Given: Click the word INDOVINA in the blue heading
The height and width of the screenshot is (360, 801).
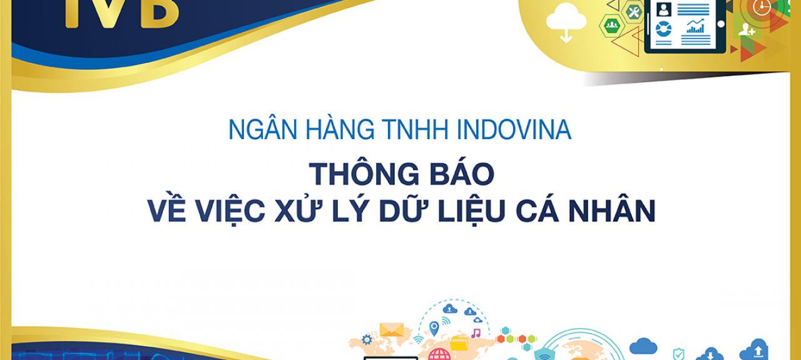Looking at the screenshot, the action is (x=514, y=129).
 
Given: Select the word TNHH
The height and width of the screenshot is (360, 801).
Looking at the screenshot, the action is (x=415, y=129).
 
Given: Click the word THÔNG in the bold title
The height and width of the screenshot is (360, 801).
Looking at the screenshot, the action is (x=364, y=173).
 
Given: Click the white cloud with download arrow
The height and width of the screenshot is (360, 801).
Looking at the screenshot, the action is (x=566, y=22).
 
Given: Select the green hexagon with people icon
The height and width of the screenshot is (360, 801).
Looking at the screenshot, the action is (x=612, y=26).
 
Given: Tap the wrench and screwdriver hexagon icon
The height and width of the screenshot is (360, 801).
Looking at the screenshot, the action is (x=634, y=12).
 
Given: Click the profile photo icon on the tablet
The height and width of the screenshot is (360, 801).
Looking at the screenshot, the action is (x=664, y=9).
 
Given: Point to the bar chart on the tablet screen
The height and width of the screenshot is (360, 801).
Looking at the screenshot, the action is (x=695, y=26).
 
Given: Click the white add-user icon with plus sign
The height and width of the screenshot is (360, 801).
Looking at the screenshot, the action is (x=747, y=29).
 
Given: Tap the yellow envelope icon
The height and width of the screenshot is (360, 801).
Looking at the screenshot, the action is (x=392, y=329).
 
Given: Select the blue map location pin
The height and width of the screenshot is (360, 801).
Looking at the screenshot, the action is (x=434, y=329).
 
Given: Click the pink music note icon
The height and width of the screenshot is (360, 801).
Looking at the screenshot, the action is (x=476, y=333).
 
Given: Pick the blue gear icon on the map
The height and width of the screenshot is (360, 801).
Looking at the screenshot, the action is (x=367, y=339).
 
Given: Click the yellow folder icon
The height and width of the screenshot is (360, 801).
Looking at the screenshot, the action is (x=459, y=344).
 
